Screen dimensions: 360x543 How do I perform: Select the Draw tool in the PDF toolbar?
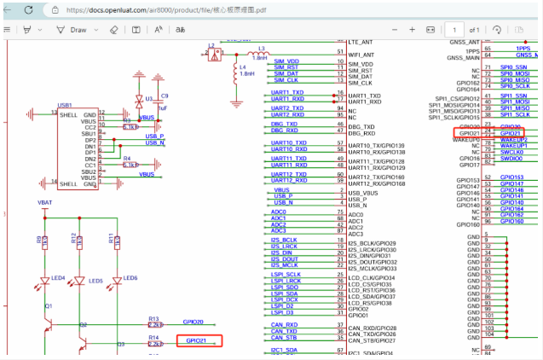pyautogui.click(x=72, y=29)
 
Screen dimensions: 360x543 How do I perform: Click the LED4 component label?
pyautogui.click(x=58, y=278)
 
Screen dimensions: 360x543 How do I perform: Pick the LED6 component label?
pyautogui.click(x=130, y=278)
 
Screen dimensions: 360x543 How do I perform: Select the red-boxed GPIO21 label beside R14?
pyautogui.click(x=199, y=340)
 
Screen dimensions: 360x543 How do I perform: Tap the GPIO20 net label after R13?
pyautogui.click(x=194, y=322)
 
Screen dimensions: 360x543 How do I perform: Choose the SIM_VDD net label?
pyautogui.click(x=286, y=62)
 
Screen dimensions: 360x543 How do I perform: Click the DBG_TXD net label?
pyautogui.click(x=284, y=125)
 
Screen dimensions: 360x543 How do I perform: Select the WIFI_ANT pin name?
pyautogui.click(x=362, y=54)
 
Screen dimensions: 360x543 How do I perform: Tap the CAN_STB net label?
pyautogui.click(x=284, y=339)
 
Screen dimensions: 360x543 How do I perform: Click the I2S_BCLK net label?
pyautogui.click(x=284, y=241)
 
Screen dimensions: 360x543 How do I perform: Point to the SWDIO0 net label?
pyautogui.click(x=511, y=159)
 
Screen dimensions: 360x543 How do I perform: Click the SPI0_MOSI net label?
pyautogui.click(x=514, y=73)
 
